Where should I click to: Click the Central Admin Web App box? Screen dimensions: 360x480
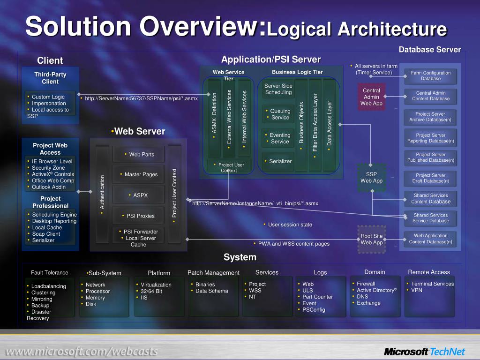pyautogui.click(x=372, y=97)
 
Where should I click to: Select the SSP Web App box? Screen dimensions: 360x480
pyautogui.click(x=372, y=177)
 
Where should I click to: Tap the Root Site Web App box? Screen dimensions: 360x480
pyautogui.click(x=372, y=239)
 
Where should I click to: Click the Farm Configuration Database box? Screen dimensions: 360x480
pyautogui.click(x=430, y=75)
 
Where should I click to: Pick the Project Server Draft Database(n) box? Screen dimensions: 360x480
pyautogui.click(x=430, y=178)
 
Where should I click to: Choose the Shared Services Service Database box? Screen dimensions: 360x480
pyautogui.click(x=430, y=218)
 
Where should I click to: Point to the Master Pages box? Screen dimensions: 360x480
pyautogui.click(x=138, y=174)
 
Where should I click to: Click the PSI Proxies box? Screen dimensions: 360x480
pyautogui.click(x=138, y=216)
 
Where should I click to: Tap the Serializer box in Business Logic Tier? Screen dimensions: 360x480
pyautogui.click(x=278, y=161)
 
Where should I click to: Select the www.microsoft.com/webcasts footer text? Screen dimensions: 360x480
pyautogui.click(x=81, y=352)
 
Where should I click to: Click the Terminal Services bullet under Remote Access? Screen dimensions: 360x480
pyautogui.click(x=432, y=284)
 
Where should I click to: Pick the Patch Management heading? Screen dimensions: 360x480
pyautogui.click(x=213, y=273)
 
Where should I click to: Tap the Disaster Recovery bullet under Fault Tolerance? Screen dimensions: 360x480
pyautogui.click(x=40, y=315)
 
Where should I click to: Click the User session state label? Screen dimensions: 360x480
pyautogui.click(x=290, y=225)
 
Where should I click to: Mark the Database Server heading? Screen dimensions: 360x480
pyautogui.click(x=429, y=50)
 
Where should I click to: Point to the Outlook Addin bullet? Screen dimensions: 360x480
pyautogui.click(x=48, y=187)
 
